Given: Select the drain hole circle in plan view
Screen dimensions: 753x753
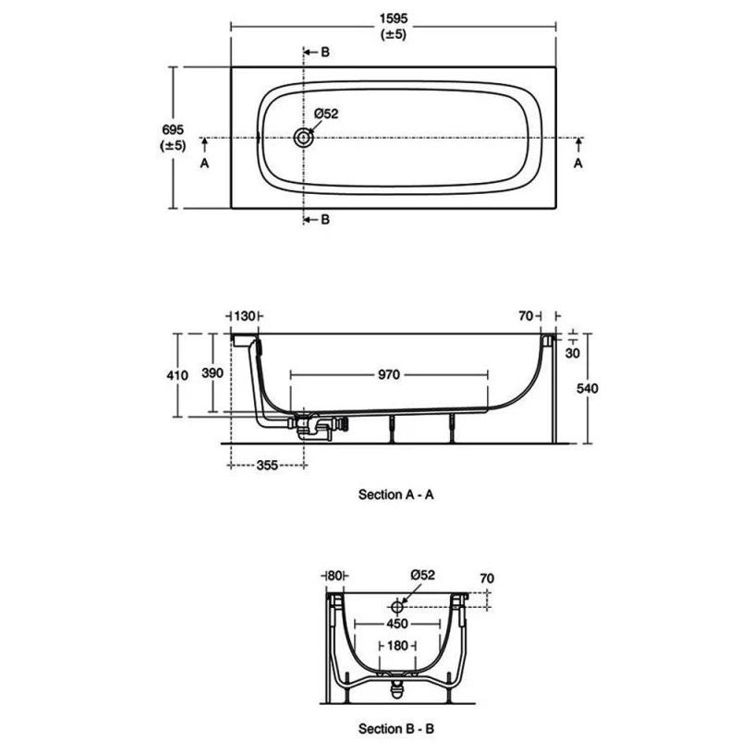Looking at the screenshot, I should (x=304, y=138).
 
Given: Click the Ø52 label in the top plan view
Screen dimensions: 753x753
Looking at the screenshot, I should (x=326, y=114).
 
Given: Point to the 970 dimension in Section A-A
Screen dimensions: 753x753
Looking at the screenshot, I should (x=388, y=375).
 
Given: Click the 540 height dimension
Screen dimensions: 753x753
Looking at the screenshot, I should (x=587, y=388).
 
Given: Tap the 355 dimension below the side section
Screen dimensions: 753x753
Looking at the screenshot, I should (x=265, y=465).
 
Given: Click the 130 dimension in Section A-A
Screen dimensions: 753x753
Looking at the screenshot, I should (x=247, y=317).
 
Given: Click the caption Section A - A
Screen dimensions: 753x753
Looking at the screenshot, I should (x=395, y=494).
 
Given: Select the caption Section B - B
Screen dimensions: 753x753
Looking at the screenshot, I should (x=395, y=729).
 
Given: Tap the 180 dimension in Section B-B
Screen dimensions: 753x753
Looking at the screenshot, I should (x=396, y=647).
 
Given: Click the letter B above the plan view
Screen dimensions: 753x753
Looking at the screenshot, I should (x=324, y=52).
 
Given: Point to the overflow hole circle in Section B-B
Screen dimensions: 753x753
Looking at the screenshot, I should (x=397, y=607).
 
